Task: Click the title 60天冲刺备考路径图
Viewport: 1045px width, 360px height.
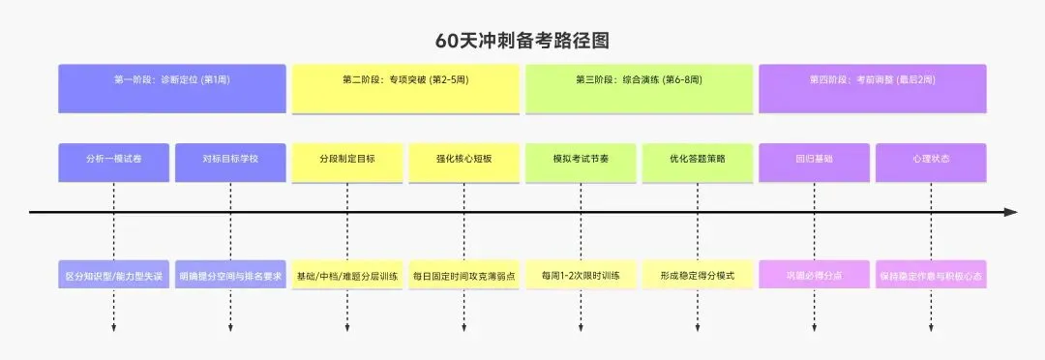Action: [x=522, y=41]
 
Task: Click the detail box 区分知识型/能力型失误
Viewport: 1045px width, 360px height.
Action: [x=114, y=275]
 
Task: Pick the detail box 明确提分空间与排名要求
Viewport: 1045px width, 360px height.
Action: [x=230, y=275]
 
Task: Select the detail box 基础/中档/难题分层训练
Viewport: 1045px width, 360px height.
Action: [x=346, y=275]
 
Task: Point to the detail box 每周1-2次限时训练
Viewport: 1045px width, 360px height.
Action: [x=581, y=275]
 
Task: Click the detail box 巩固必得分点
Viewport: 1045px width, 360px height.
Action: [x=814, y=275]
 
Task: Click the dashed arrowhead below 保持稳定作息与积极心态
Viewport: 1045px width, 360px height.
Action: [x=931, y=329]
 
